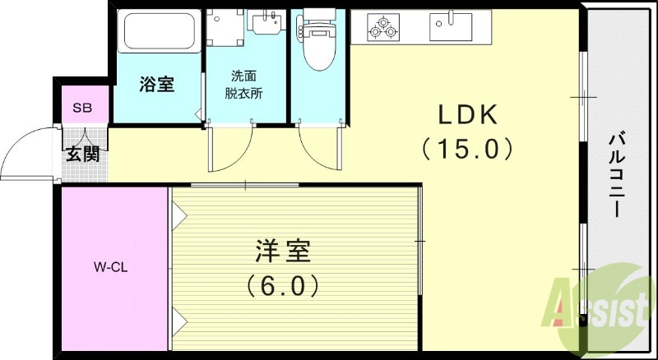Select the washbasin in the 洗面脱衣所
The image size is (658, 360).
[264, 25]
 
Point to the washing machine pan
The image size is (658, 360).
[224, 29]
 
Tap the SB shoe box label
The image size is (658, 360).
[81, 107]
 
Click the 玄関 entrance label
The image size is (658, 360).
[83, 154]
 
